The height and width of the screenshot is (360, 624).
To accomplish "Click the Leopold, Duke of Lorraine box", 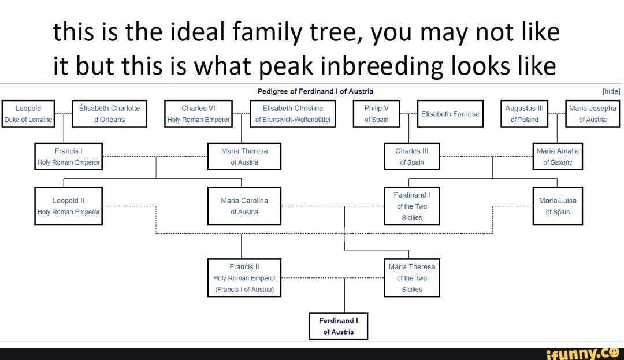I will coord(28,114).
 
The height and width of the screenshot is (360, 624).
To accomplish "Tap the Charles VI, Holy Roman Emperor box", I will coord(198,114).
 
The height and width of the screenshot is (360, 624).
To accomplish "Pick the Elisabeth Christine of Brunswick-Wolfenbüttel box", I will coord(293,114).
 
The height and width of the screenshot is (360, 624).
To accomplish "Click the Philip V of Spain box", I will coord(377,114).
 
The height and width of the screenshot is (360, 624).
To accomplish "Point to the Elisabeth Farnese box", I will coord(450,114).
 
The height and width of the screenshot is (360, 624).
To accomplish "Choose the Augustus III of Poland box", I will coord(524,114).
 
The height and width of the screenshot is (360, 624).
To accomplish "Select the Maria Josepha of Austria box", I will coord(592,114).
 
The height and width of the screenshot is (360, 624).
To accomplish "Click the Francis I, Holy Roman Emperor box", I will coord(68,157).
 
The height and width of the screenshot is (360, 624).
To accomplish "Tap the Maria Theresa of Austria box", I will coord(244,157).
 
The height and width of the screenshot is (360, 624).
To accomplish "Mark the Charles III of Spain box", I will coord(411,157).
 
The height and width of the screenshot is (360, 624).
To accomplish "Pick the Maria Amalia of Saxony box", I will coord(557,157).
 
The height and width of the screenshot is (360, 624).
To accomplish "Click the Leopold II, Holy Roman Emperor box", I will coord(68,206).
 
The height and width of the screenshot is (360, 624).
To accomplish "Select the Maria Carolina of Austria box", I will coord(244,206).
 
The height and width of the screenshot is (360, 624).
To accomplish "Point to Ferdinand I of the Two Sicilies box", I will coord(411,206).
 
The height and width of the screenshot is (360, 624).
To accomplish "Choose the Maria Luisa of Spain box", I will coord(557,206).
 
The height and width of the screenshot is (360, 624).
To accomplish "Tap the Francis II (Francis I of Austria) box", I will coord(244,278).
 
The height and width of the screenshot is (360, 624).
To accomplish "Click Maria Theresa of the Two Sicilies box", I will coord(411,278).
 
